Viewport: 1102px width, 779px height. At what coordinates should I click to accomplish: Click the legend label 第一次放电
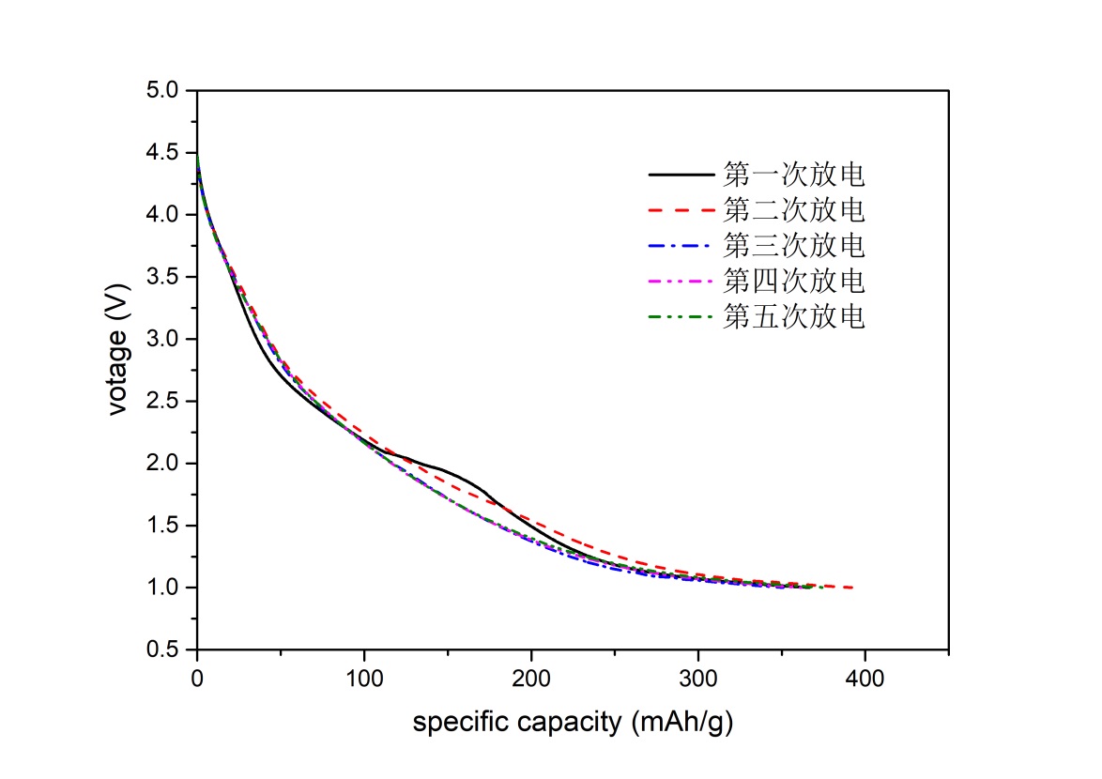(794, 175)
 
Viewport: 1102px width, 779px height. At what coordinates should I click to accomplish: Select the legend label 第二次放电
(794, 210)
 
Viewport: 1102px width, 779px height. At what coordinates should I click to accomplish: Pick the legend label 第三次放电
(794, 246)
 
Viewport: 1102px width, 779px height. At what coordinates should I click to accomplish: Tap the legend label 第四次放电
(794, 281)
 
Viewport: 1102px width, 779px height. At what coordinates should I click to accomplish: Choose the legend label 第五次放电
(794, 316)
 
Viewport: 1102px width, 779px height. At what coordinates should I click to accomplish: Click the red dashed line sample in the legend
(681, 210)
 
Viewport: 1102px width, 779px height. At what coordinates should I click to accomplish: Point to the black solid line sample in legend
(681, 175)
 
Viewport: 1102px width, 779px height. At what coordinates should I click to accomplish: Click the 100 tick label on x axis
(364, 678)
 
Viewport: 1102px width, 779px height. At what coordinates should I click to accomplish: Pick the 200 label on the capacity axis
(531, 678)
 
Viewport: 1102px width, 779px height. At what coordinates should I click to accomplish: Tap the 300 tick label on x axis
(697, 678)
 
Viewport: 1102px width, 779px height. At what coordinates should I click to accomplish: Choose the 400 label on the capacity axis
(865, 678)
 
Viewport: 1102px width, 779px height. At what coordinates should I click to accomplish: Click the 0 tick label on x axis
(197, 678)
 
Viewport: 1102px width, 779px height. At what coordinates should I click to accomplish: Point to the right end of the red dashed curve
(852, 588)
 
